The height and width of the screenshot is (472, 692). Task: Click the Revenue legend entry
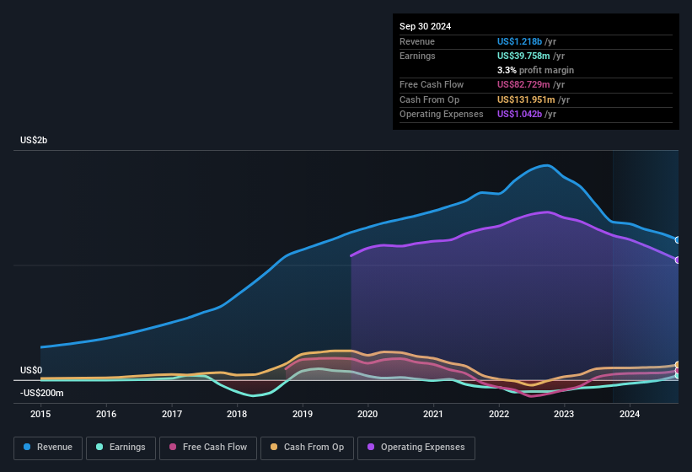(47, 447)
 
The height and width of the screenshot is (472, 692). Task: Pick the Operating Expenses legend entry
(416, 447)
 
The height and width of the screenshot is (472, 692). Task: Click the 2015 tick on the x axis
(40, 414)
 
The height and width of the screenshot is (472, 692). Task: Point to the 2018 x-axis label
(237, 414)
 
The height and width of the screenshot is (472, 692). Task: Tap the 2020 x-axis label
(367, 414)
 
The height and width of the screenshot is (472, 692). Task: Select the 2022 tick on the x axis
(499, 414)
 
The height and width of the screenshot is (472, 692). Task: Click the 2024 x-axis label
(630, 414)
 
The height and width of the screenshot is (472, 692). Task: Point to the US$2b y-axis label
(34, 140)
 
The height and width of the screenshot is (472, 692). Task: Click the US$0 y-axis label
(31, 371)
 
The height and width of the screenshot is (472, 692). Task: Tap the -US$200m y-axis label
(41, 393)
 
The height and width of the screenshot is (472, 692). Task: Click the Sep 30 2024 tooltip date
(425, 26)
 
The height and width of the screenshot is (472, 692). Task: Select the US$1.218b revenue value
(520, 41)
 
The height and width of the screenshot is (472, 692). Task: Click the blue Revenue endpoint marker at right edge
(678, 240)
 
